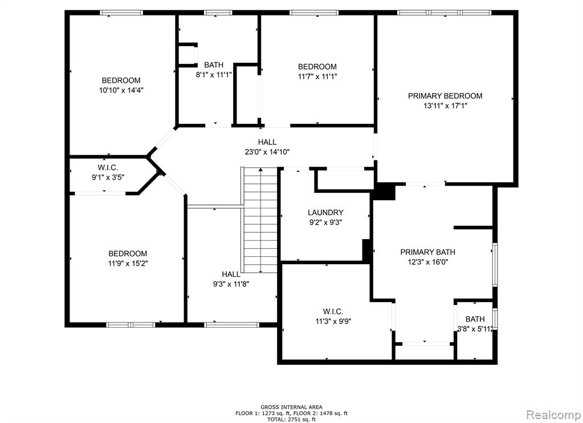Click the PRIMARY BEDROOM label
445,96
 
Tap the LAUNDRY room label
325,212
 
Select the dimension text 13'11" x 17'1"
445,106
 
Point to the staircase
260,220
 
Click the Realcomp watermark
553,414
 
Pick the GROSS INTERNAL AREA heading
292,407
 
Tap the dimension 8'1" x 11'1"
214,75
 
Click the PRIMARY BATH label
427,252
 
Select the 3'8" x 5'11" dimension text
475,329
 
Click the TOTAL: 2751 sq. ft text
292,419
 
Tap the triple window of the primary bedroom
444,13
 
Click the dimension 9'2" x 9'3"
326,223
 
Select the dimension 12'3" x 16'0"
427,262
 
